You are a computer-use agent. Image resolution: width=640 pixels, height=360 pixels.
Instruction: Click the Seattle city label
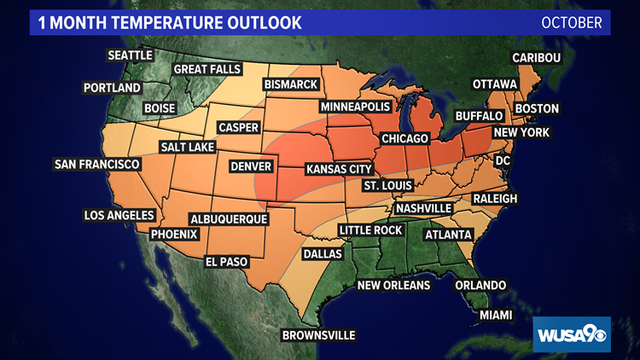tap(130, 55)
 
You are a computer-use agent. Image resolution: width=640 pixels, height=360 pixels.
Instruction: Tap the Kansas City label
tap(339, 169)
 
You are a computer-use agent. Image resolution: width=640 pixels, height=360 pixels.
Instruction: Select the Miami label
tap(496, 316)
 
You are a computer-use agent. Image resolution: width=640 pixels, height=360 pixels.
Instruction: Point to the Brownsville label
tap(318, 335)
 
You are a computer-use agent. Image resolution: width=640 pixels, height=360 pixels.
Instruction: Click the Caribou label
tap(536, 58)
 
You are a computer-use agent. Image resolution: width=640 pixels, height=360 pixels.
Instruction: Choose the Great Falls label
tap(208, 69)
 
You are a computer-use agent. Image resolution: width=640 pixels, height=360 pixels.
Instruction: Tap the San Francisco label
tap(97, 164)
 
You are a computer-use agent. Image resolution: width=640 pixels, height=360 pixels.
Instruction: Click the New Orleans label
tap(393, 285)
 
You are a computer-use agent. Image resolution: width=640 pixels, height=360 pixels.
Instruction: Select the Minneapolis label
tap(355, 107)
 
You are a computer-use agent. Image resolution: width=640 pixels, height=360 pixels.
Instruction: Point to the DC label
tap(503, 160)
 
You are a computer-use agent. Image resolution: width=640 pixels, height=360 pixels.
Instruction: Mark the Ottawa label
tap(495, 84)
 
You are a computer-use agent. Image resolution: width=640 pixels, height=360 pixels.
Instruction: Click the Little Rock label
tap(370, 230)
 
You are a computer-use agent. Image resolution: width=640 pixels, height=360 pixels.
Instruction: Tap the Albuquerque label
tap(229, 219)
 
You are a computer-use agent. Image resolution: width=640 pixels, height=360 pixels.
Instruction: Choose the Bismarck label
tap(291, 84)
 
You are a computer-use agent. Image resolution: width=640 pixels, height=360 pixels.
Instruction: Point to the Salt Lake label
tap(190, 147)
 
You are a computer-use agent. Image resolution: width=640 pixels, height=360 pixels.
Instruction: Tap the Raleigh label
tap(495, 198)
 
